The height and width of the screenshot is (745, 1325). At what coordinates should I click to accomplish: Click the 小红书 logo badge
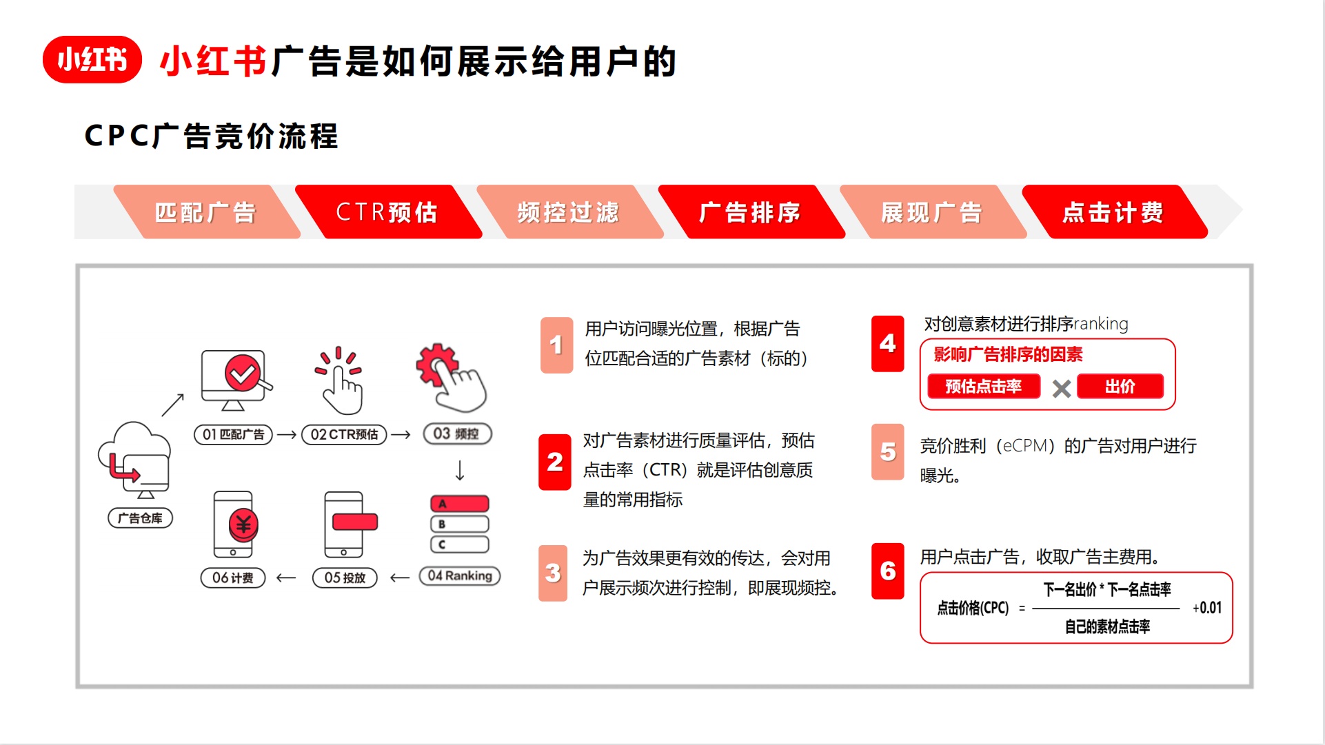point(92,60)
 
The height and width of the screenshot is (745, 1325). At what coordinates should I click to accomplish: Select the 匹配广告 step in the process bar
point(205,212)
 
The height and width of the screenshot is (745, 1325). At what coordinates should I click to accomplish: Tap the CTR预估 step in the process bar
point(387,212)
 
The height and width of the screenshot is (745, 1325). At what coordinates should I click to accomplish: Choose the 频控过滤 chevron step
point(569,212)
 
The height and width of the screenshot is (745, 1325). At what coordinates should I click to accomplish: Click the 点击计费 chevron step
point(1113,212)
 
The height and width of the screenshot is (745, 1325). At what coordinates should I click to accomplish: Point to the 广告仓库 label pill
point(140,518)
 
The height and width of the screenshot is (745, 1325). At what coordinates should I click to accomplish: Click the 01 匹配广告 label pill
point(233,434)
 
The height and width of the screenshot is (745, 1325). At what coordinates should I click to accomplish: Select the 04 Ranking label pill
point(460,576)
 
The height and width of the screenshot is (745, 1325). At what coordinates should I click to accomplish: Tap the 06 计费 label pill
point(232,578)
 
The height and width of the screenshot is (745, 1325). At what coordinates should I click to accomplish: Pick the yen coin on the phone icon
point(243,525)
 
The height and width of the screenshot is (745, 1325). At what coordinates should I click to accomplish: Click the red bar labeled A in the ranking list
point(459,504)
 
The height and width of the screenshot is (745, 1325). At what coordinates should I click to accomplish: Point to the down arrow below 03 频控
point(460,471)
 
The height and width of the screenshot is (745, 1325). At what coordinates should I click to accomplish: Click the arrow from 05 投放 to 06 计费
point(286,578)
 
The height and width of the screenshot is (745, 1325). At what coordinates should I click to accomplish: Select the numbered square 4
point(887,344)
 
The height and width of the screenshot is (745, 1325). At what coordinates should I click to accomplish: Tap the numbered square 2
point(554,462)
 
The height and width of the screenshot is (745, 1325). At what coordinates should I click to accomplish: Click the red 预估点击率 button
point(983,387)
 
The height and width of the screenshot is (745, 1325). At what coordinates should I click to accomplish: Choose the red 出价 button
point(1120,387)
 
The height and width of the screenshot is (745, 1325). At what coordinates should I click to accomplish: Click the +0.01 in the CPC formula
point(1206,608)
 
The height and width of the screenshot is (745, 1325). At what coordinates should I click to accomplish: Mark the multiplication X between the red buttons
point(1062,389)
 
